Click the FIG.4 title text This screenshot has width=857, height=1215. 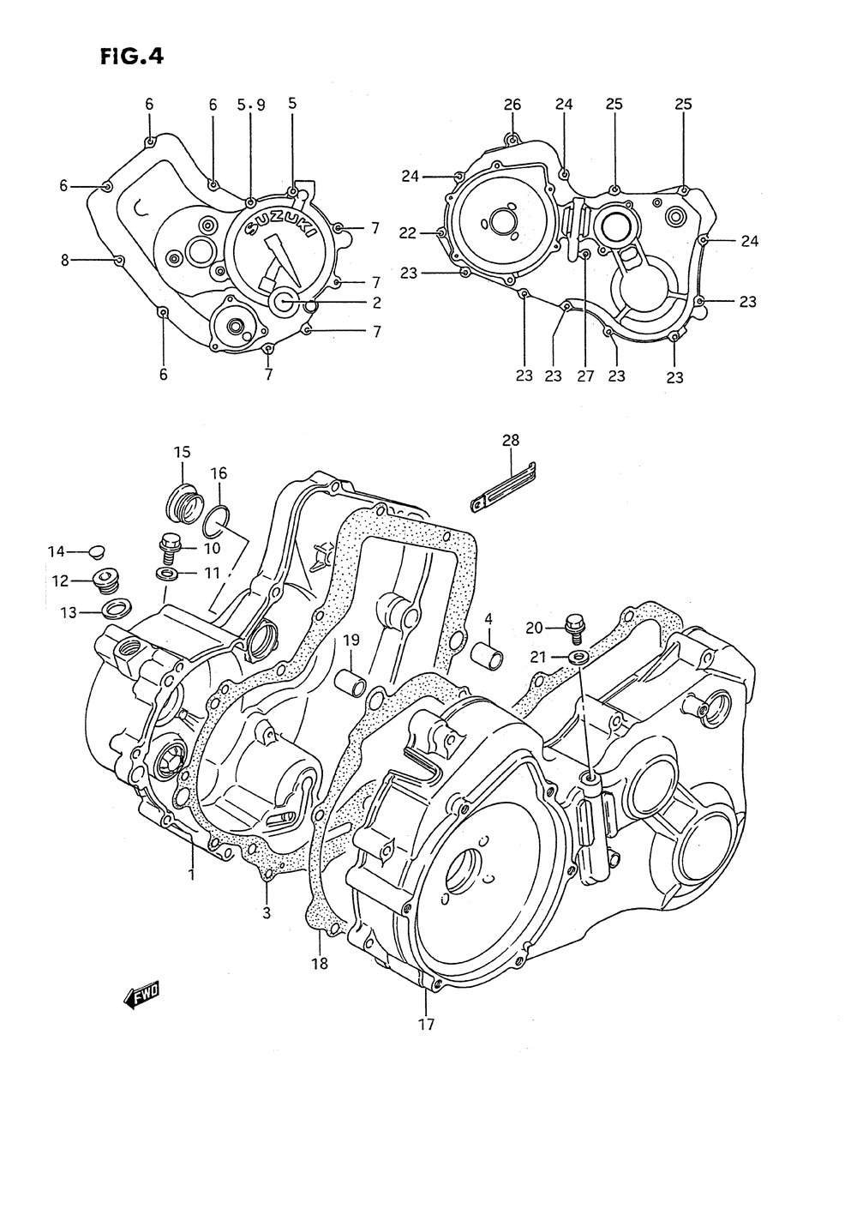(132, 57)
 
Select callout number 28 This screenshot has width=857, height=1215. (511, 440)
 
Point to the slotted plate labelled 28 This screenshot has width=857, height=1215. (503, 486)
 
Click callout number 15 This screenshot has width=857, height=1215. (183, 452)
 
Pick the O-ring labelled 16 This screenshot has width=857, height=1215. (217, 520)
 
